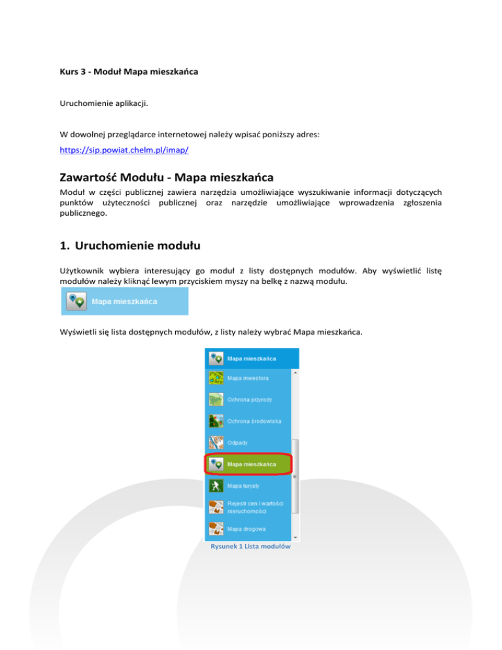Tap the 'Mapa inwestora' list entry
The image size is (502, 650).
click(x=248, y=379)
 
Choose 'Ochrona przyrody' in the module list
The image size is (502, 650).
click(x=252, y=400)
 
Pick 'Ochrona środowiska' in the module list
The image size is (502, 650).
click(x=255, y=421)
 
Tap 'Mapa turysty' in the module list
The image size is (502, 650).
click(x=244, y=486)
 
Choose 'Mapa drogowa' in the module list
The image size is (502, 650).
click(x=246, y=528)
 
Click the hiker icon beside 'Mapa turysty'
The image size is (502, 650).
click(x=215, y=486)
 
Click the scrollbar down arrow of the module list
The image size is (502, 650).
click(x=295, y=537)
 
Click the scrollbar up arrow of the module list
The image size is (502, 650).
click(x=295, y=373)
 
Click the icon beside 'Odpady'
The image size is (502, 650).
click(x=215, y=443)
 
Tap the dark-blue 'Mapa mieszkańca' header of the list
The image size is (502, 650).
click(x=252, y=358)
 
